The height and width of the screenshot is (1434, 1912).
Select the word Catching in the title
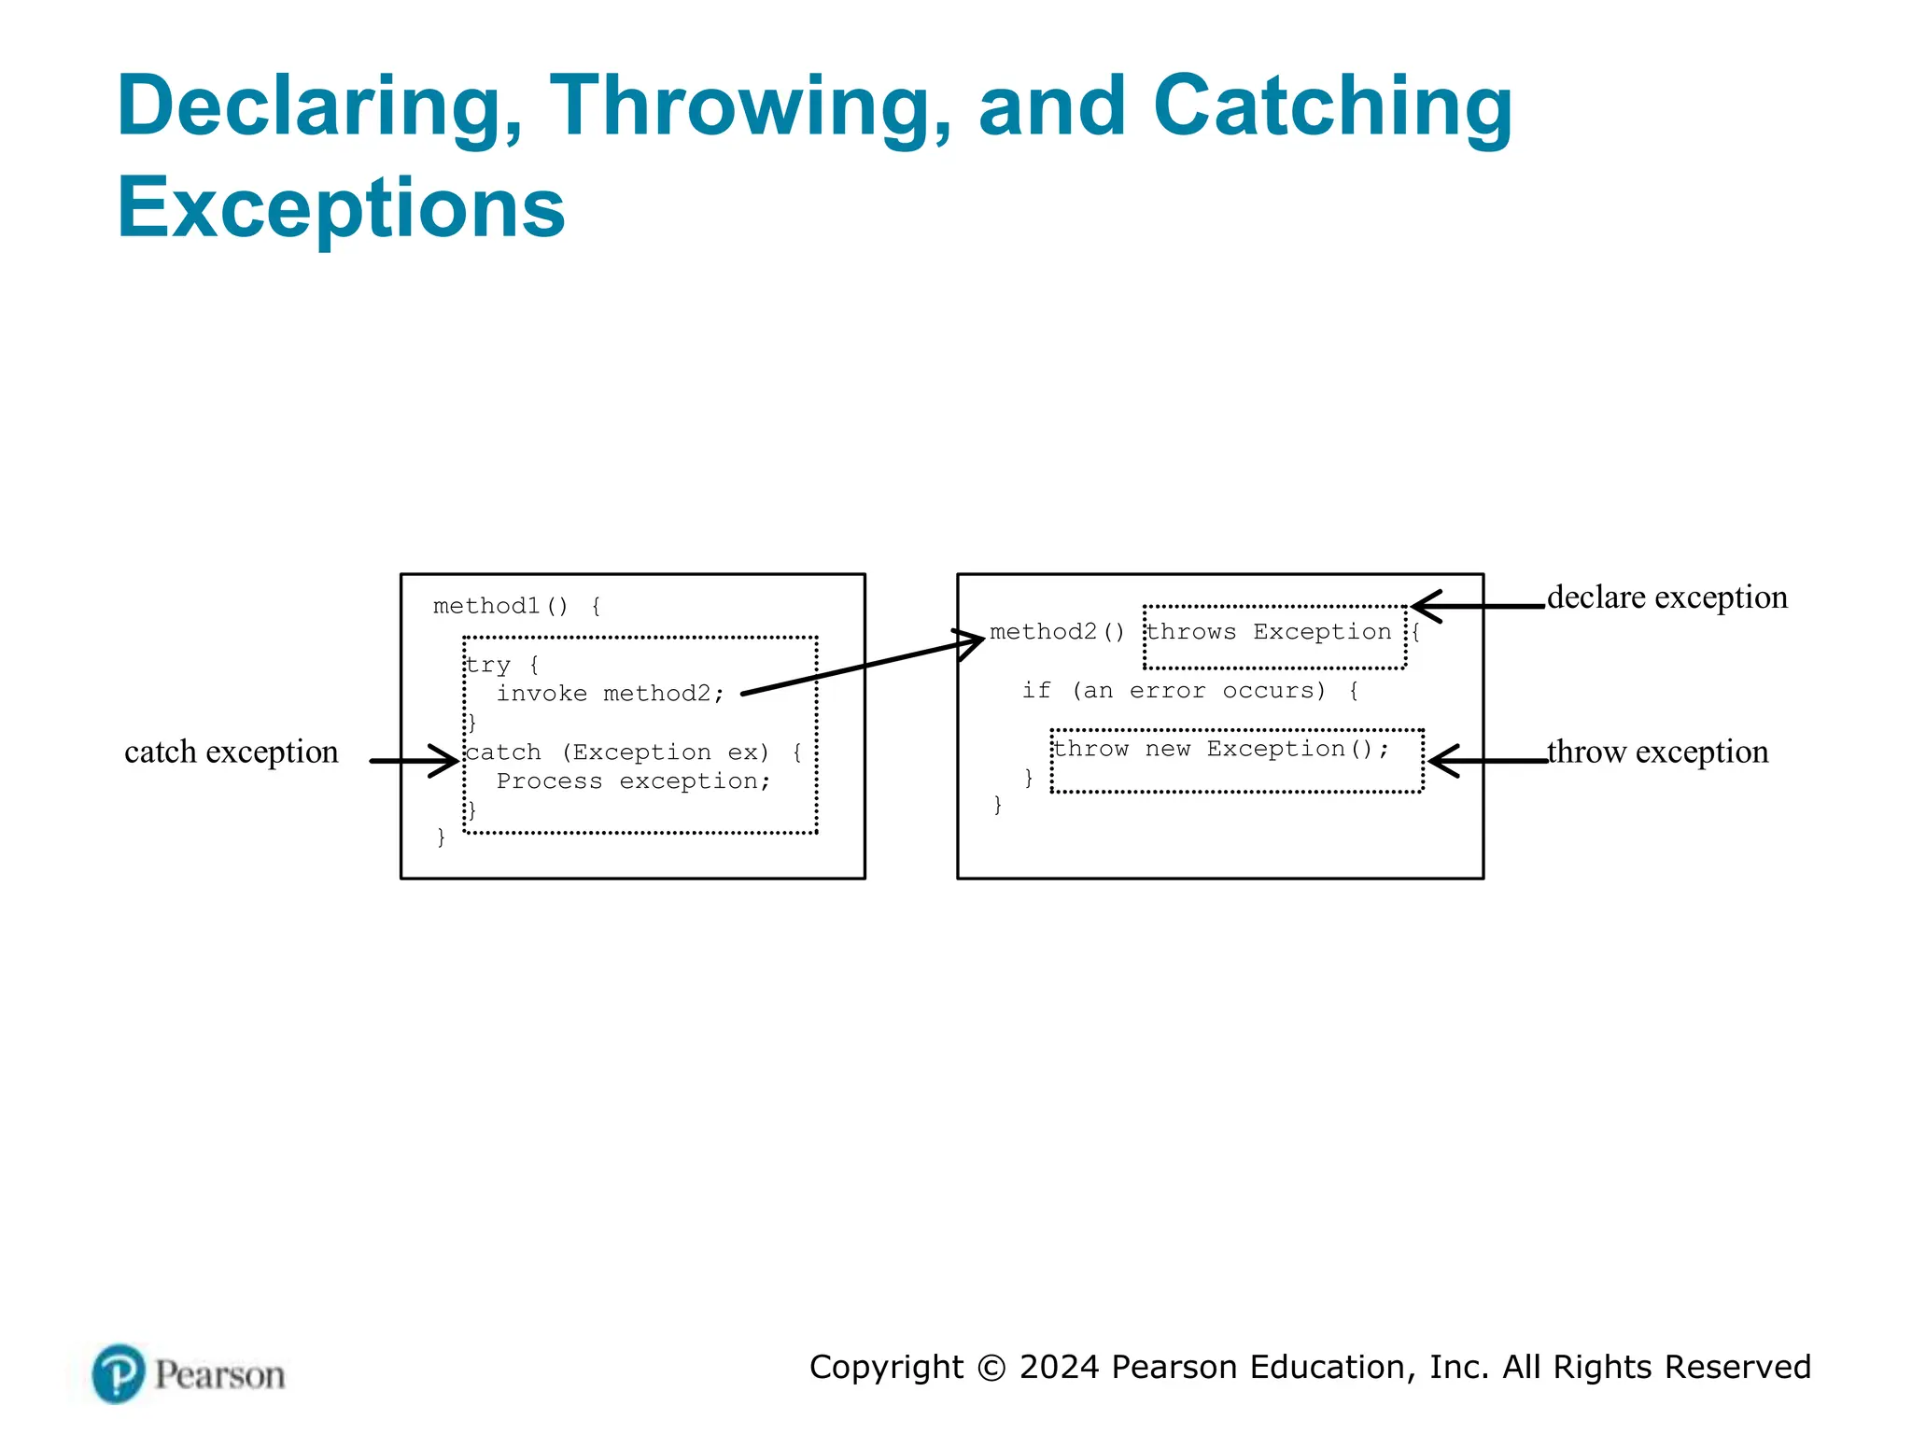click(x=1332, y=108)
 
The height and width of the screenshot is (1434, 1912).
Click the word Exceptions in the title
click(x=341, y=207)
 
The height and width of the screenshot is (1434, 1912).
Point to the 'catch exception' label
click(x=231, y=752)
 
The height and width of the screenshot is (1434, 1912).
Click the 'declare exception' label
click(x=1666, y=597)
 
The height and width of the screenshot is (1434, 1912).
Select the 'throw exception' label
click(x=1657, y=752)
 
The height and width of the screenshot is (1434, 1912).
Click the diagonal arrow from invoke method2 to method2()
click(x=859, y=666)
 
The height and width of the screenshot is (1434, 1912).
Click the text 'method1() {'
click(x=517, y=607)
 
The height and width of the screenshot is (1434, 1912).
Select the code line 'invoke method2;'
click(x=610, y=694)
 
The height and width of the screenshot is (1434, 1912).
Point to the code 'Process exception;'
click(x=633, y=781)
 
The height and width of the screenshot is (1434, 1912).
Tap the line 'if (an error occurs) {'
click(x=1189, y=691)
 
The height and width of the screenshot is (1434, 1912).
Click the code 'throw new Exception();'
click(x=1221, y=750)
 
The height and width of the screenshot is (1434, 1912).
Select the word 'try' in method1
click(x=488, y=666)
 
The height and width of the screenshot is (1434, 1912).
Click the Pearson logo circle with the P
click(x=119, y=1373)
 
